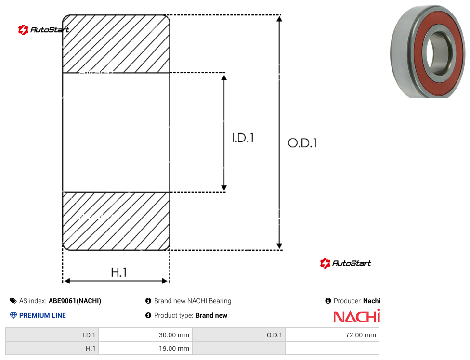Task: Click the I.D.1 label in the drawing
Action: [x=243, y=138]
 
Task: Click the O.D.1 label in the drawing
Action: [x=302, y=143]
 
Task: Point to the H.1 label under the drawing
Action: [x=118, y=272]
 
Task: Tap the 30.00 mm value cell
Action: [x=146, y=335]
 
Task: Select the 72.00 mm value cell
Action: [x=332, y=335]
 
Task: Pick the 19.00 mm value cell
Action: [x=146, y=348]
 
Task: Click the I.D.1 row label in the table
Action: [x=52, y=335]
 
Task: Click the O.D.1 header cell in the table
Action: [x=239, y=335]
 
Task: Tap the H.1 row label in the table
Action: [x=52, y=348]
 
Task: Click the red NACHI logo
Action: [x=357, y=316]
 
